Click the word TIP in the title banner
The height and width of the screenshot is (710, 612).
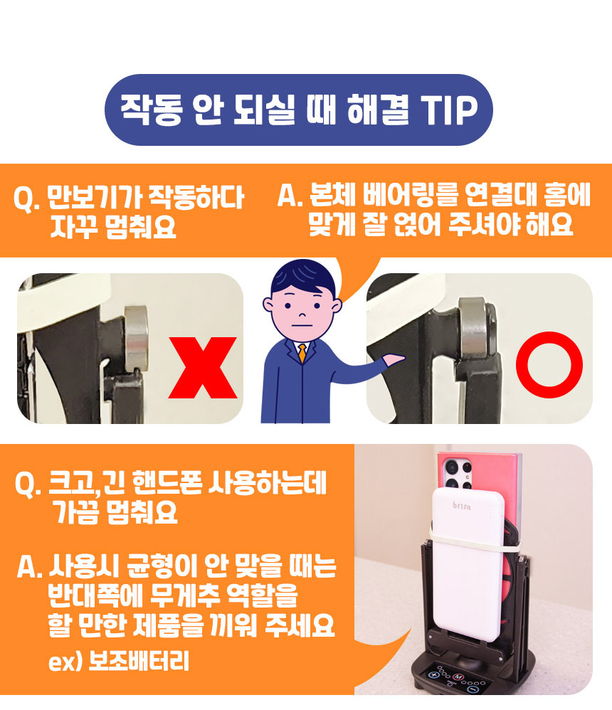(x=449, y=110)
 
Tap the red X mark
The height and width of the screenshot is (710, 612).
(x=203, y=368)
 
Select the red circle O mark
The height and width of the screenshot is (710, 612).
(x=549, y=365)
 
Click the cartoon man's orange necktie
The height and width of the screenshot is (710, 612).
(x=302, y=353)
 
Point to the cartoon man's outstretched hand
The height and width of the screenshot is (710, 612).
(x=394, y=359)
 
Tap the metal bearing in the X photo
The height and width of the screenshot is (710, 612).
(x=135, y=337)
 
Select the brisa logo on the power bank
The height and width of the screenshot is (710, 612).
(x=462, y=505)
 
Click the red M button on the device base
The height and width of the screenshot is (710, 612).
(x=458, y=677)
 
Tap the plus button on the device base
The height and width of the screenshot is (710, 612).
(x=433, y=675)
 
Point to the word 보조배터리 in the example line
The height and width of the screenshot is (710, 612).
(x=138, y=662)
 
